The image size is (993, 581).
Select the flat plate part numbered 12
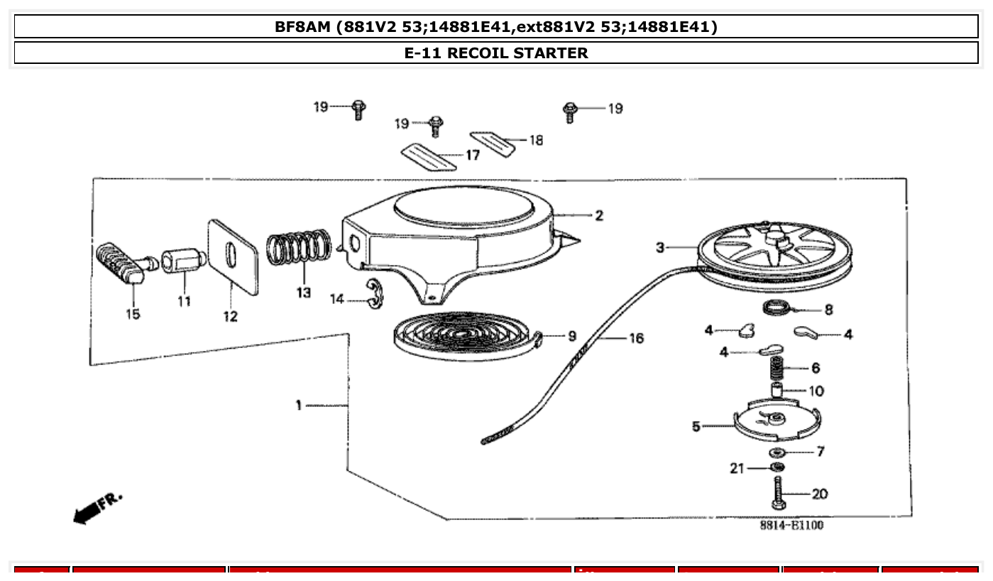pyautogui.click(x=232, y=256)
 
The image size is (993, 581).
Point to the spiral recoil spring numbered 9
pyautogui.click(x=461, y=336)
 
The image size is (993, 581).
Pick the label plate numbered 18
pyautogui.click(x=493, y=143)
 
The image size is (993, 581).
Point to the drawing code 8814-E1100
pyautogui.click(x=791, y=526)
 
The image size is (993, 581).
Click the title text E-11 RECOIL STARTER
pyautogui.click(x=496, y=53)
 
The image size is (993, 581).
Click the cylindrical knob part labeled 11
pyautogui.click(x=182, y=260)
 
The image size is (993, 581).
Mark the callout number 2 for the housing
pyautogui.click(x=599, y=215)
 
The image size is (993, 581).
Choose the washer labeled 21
pyautogui.click(x=777, y=467)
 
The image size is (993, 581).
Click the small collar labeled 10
pyautogui.click(x=778, y=391)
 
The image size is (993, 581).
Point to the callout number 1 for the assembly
pyautogui.click(x=299, y=405)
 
